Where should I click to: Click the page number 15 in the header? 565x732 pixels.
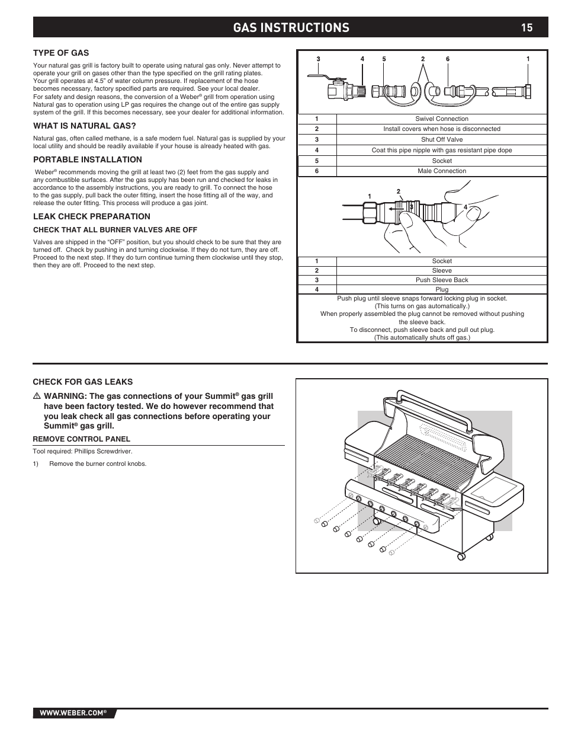[527, 27]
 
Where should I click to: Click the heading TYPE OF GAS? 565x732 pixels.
[60, 53]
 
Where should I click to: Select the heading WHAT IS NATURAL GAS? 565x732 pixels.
[84, 126]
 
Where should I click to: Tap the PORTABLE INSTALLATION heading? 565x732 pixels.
[87, 159]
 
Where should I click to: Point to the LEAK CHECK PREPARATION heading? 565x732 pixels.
[91, 216]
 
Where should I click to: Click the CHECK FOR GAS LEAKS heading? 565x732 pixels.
[82, 382]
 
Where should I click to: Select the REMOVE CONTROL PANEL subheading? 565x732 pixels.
[81, 439]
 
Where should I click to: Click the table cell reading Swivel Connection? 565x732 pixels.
[441, 119]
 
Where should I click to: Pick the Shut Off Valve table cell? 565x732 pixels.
[441, 140]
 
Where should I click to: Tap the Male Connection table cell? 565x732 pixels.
[441, 171]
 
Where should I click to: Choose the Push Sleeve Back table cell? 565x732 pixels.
[441, 280]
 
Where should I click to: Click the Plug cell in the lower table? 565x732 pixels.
[441, 290]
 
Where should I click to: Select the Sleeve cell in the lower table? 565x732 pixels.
[441, 271]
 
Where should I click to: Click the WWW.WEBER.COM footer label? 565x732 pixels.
[72, 713]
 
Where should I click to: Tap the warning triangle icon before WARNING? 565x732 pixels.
[36, 396]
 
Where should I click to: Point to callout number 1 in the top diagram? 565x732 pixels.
[528, 59]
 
